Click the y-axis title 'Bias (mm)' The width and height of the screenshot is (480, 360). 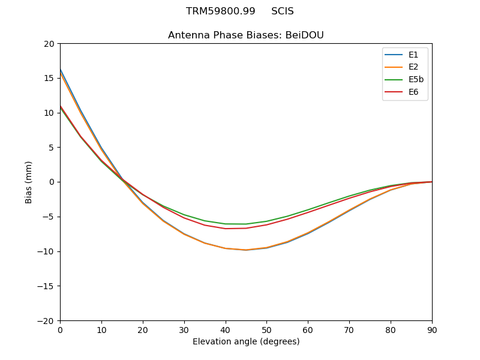tap(29, 182)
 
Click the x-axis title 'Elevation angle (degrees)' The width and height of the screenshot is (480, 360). tap(246, 341)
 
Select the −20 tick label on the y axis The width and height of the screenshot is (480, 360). tap(47, 320)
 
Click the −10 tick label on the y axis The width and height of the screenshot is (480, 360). tap(47, 251)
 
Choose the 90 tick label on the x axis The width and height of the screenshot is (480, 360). tap(432, 329)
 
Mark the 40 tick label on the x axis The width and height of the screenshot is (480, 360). tap(226, 329)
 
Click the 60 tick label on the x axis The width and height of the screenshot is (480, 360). tap(308, 329)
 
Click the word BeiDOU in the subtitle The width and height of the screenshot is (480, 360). tap(304, 35)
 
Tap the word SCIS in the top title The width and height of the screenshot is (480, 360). tap(283, 11)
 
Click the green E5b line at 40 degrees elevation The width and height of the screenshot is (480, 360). tap(226, 224)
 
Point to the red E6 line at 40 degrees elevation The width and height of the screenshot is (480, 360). tap(226, 229)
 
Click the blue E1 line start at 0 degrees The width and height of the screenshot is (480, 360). tap(61, 70)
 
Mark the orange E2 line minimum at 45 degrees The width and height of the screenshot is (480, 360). tap(246, 250)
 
